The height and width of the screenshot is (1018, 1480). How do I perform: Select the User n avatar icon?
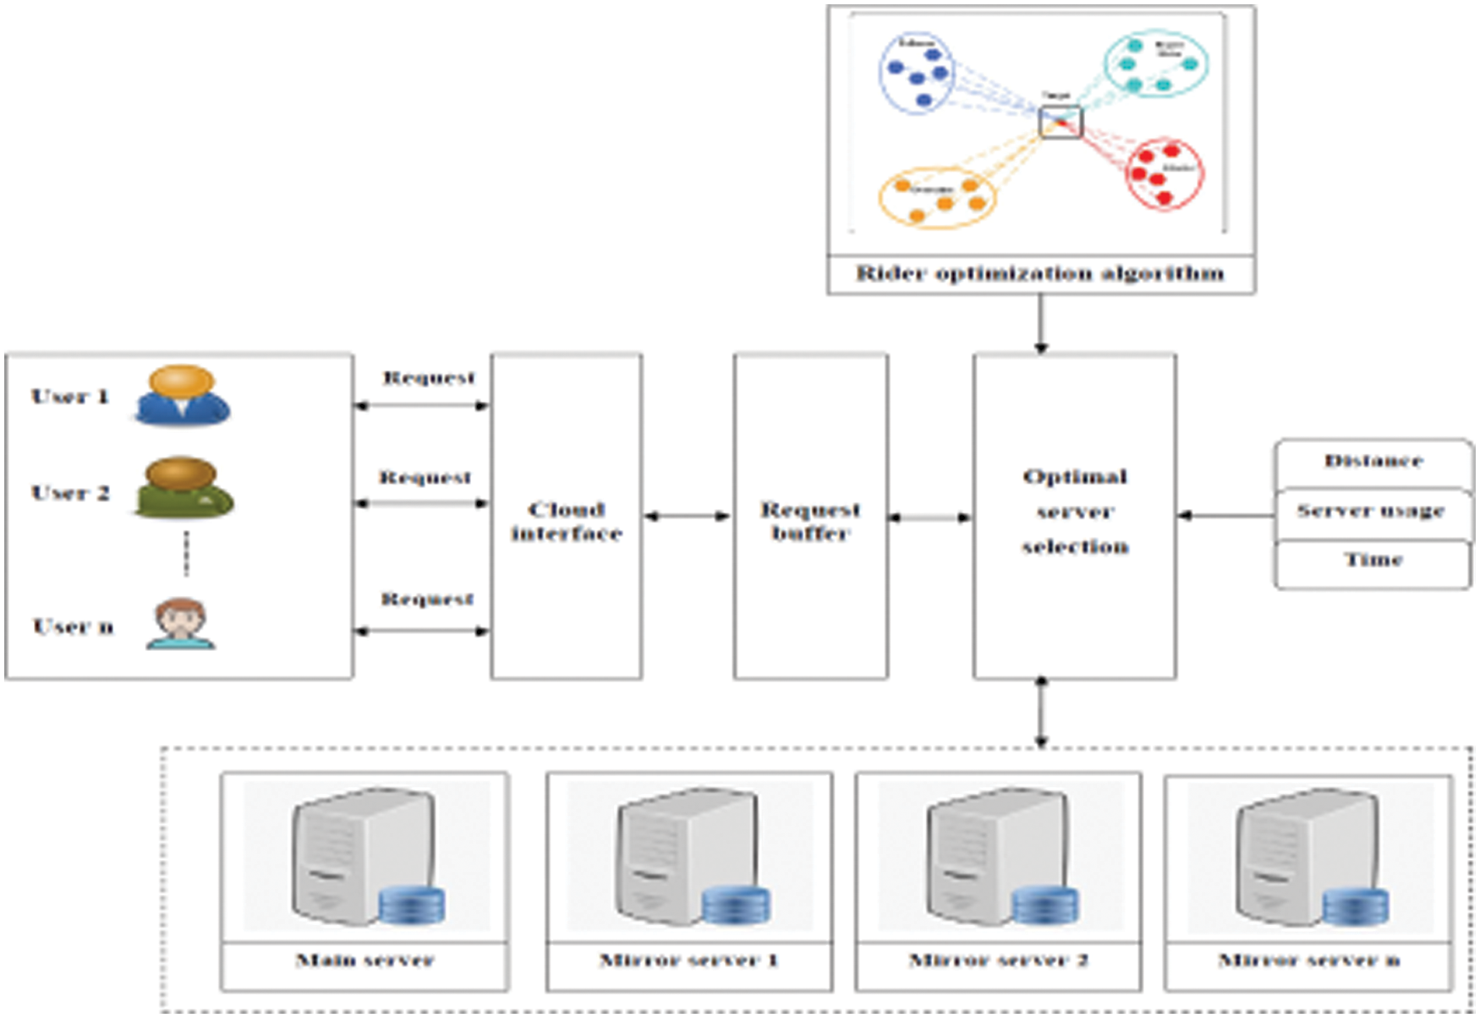point(181,625)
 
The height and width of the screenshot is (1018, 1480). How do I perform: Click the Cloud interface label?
point(566,522)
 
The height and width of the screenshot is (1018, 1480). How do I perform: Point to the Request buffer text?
point(810,522)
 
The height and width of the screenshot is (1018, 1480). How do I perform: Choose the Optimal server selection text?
point(1074,512)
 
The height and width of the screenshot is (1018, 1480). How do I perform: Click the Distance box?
point(1373,462)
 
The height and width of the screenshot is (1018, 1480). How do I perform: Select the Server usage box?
point(1371,512)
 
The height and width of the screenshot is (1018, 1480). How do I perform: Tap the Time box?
point(1373,561)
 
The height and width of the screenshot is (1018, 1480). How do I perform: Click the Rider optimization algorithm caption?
point(1040,274)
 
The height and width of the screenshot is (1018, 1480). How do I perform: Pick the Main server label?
point(365,961)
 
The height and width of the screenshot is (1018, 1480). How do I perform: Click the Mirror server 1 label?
point(688,961)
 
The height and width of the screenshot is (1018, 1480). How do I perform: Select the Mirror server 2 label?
point(998,961)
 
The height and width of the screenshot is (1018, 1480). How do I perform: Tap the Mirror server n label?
point(1308,961)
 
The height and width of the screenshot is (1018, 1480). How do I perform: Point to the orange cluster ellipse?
point(937,198)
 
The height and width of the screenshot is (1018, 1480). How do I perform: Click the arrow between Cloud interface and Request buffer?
point(687,516)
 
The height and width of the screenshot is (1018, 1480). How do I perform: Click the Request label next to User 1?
point(429,378)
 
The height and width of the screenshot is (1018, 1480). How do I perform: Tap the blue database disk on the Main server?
point(411,906)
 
